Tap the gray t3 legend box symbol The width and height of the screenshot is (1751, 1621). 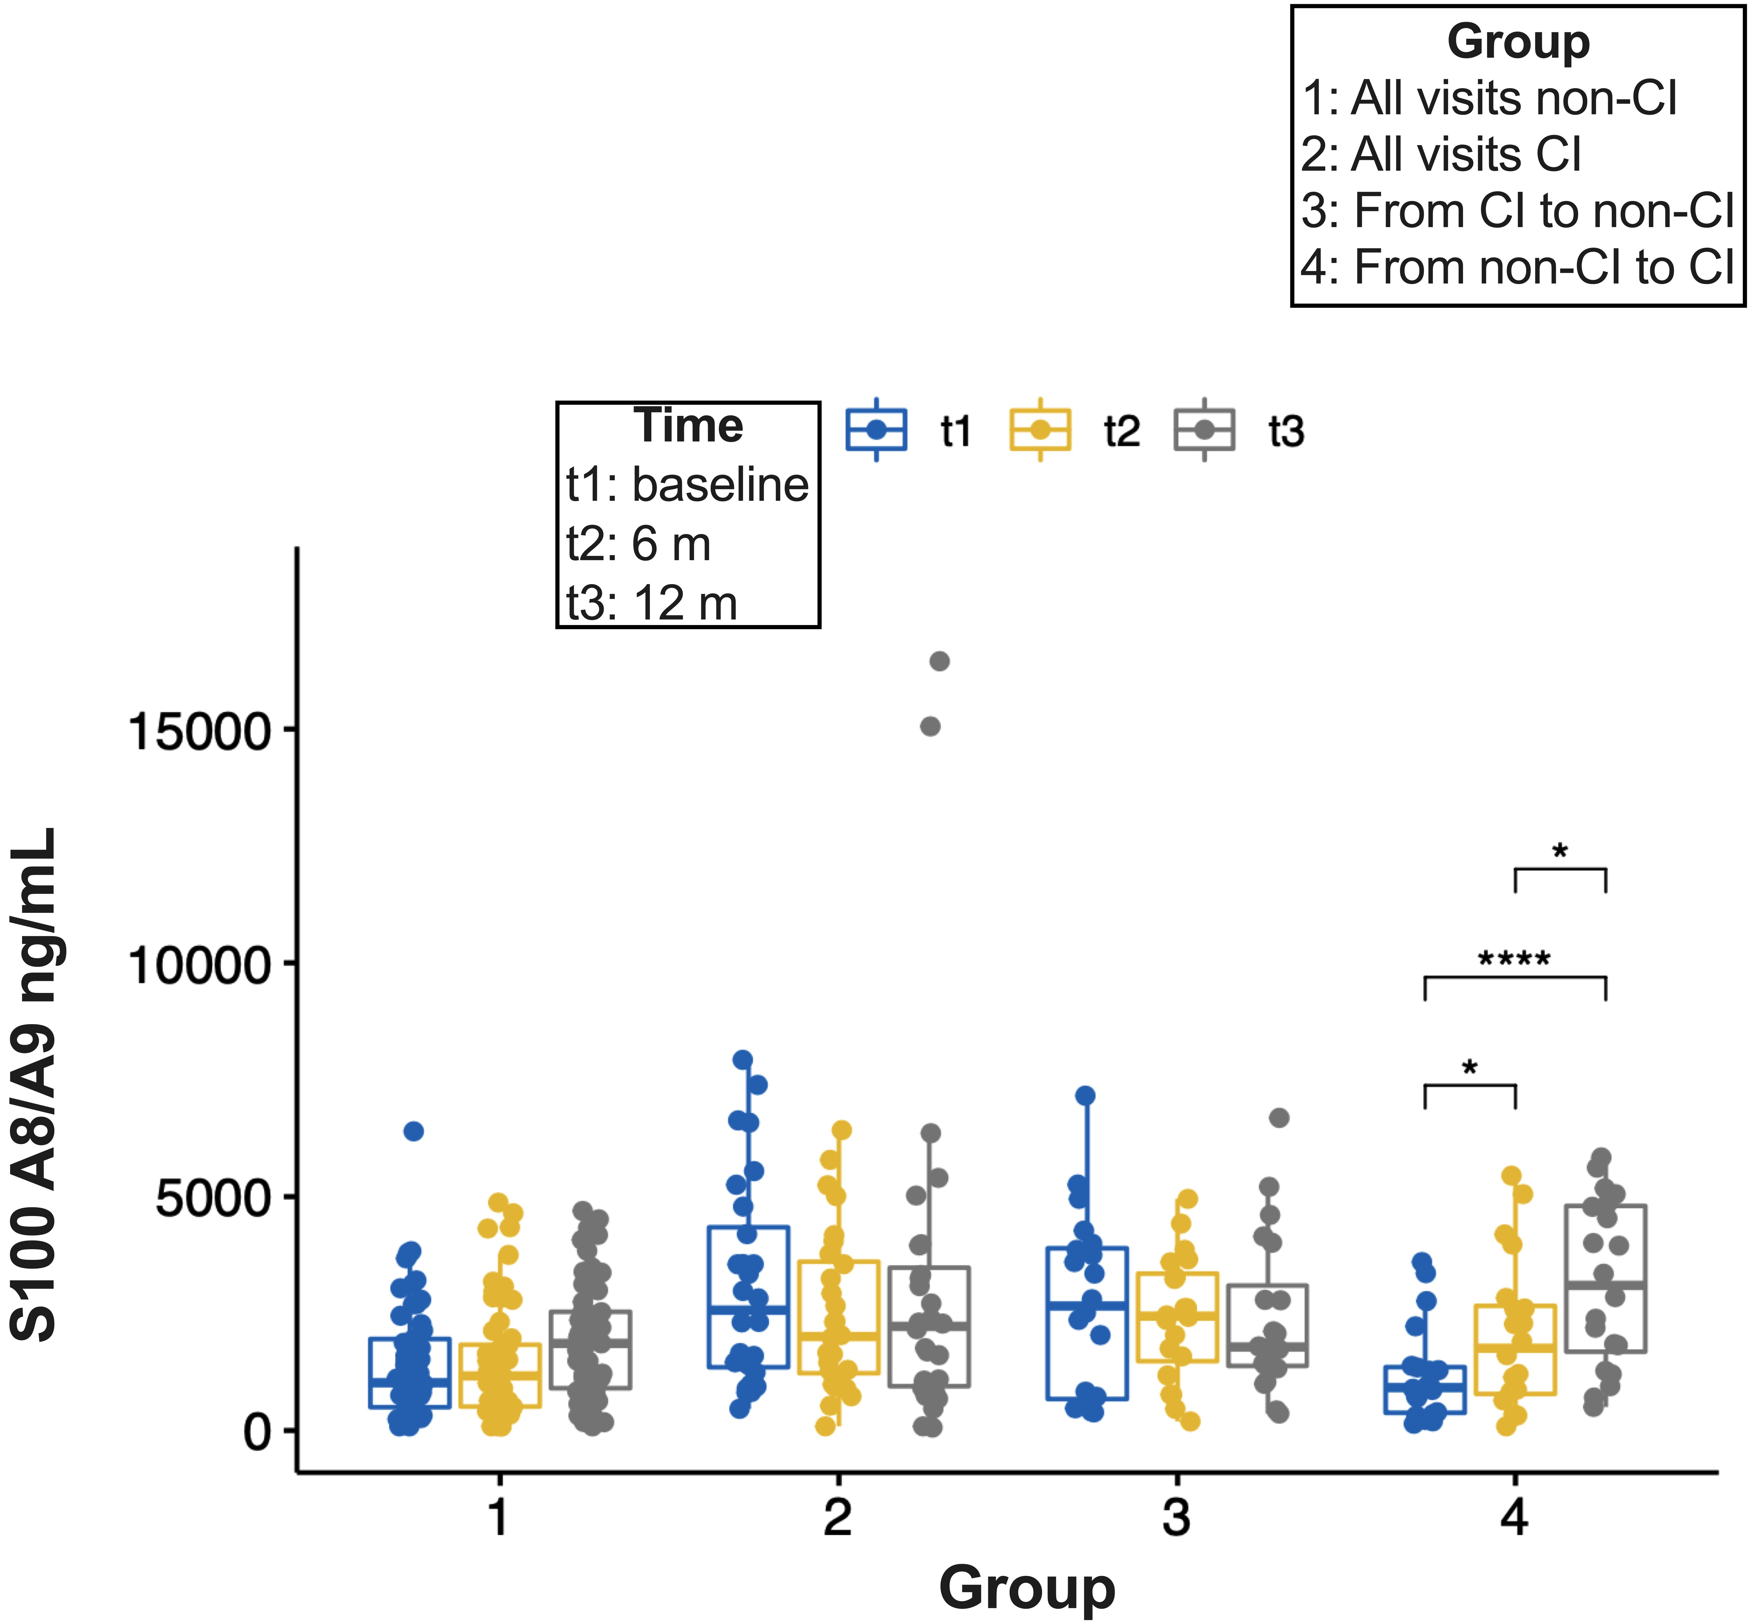coord(1204,430)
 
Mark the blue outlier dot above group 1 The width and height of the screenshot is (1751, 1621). coord(413,1132)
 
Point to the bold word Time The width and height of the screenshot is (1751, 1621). coord(689,426)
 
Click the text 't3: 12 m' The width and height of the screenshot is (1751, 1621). coord(652,604)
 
